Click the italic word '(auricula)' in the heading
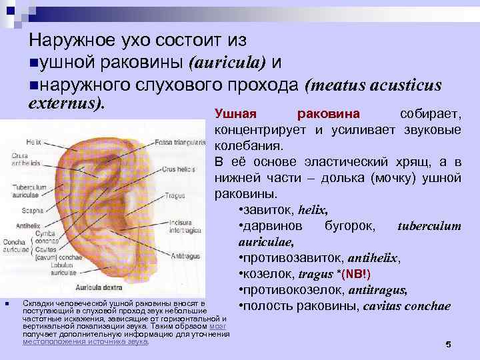(x=227, y=63)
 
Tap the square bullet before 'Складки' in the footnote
(x=6, y=305)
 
